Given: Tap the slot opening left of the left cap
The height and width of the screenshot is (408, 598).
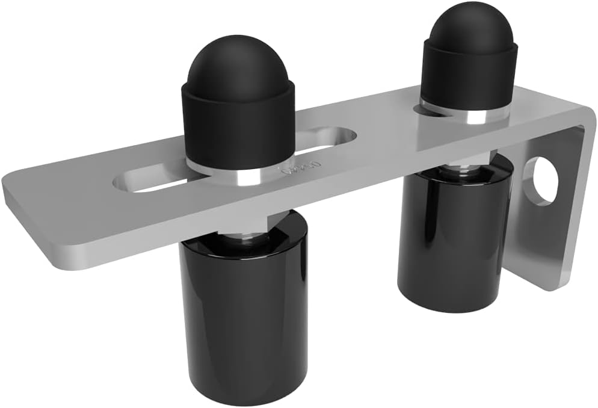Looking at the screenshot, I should [x=150, y=182].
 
